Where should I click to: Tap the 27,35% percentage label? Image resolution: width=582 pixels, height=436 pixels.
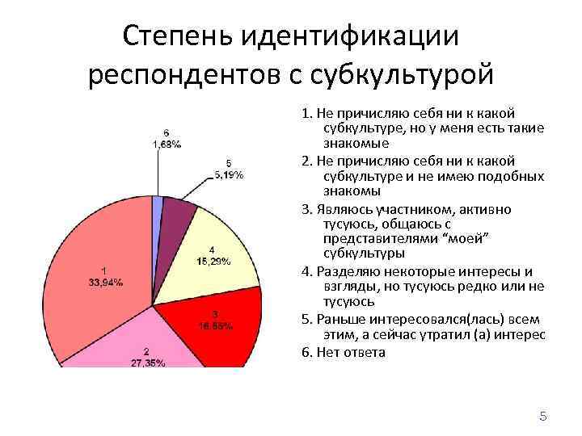click(x=148, y=363)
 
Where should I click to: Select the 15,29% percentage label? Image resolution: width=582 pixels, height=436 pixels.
click(x=212, y=261)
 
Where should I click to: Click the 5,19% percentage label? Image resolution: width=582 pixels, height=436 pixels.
click(x=229, y=174)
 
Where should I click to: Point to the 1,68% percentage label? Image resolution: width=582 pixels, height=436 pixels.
click(x=166, y=144)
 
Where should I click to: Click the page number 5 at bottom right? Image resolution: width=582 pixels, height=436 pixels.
click(x=543, y=417)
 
